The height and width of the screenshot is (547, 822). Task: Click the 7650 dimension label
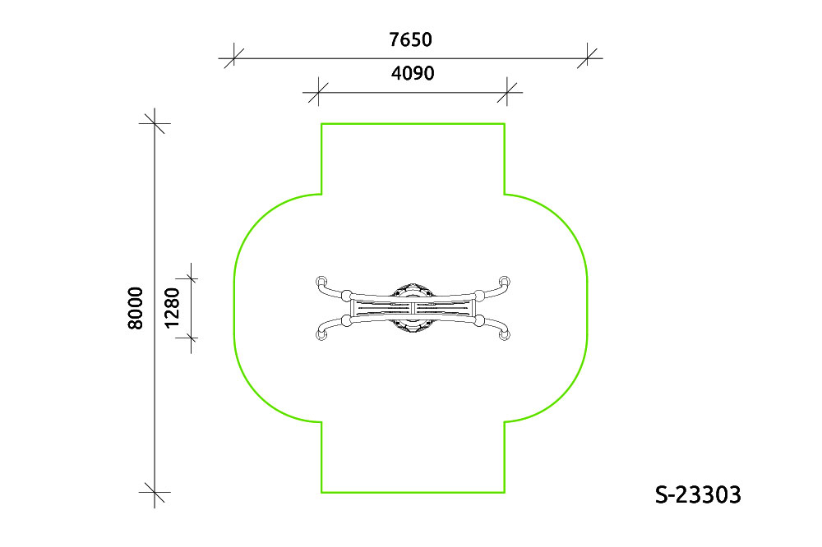[x=410, y=39]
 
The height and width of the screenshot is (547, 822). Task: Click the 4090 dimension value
[x=413, y=73]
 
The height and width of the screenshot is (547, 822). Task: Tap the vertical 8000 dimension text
[x=136, y=308]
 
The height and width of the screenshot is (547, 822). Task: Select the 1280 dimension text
[x=172, y=308]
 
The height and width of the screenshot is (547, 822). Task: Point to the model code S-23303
[x=698, y=494]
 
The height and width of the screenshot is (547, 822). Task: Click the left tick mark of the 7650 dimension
[x=233, y=58]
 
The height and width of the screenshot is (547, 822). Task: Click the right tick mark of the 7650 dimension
[x=587, y=58]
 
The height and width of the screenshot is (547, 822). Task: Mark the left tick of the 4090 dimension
[x=318, y=93]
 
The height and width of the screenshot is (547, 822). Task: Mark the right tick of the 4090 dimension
[x=507, y=93]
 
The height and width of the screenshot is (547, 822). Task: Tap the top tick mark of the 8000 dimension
[x=155, y=124]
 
